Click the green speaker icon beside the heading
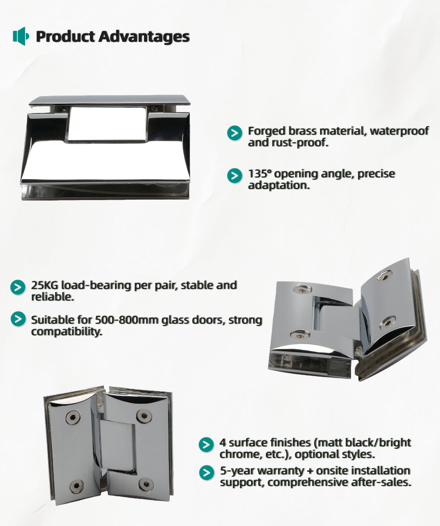[21, 36]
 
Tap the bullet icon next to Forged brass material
[235, 133]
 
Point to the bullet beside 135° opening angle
[235, 176]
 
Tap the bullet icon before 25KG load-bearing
[18, 288]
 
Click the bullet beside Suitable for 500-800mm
[18, 319]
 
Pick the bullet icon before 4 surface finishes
[206, 445]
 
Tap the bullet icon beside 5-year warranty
[207, 473]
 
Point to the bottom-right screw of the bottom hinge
[147, 484]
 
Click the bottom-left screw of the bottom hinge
[77, 486]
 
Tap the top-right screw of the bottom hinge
[144, 416]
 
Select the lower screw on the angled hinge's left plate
[300, 334]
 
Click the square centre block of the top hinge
[107, 124]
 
